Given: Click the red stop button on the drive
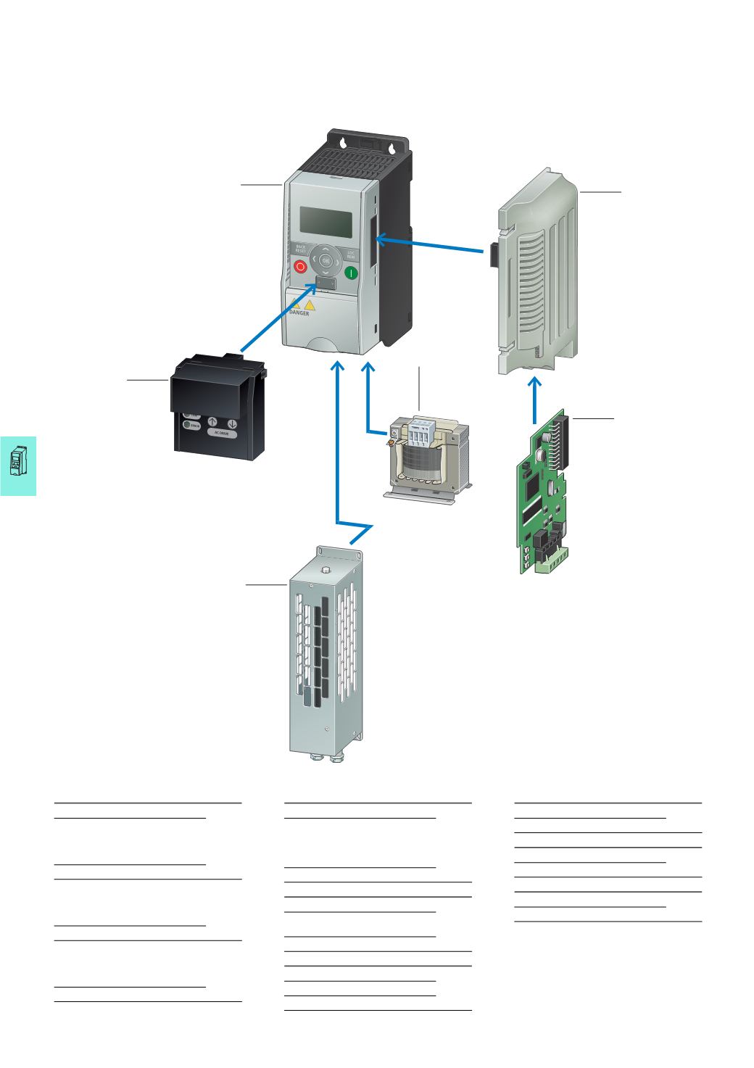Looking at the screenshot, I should click(300, 268).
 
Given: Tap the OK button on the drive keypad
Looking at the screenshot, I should click(326, 260).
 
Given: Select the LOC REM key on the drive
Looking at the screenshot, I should click(351, 255).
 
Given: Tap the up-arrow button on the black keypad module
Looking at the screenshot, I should click(213, 423).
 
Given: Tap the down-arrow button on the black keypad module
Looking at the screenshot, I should click(232, 423).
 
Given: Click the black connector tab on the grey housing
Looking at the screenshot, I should click(493, 254).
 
